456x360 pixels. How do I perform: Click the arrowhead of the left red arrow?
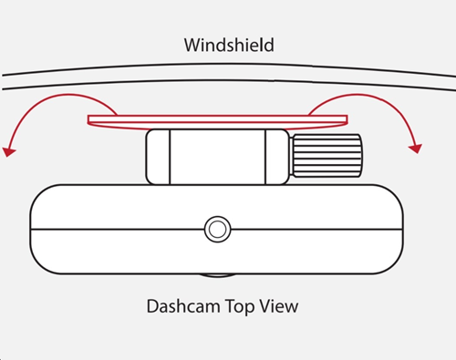click(x=9, y=149)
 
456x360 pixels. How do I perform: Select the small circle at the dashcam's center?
click(x=217, y=229)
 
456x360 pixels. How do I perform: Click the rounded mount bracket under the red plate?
click(x=219, y=157)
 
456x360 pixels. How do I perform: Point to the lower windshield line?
click(x=228, y=83)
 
